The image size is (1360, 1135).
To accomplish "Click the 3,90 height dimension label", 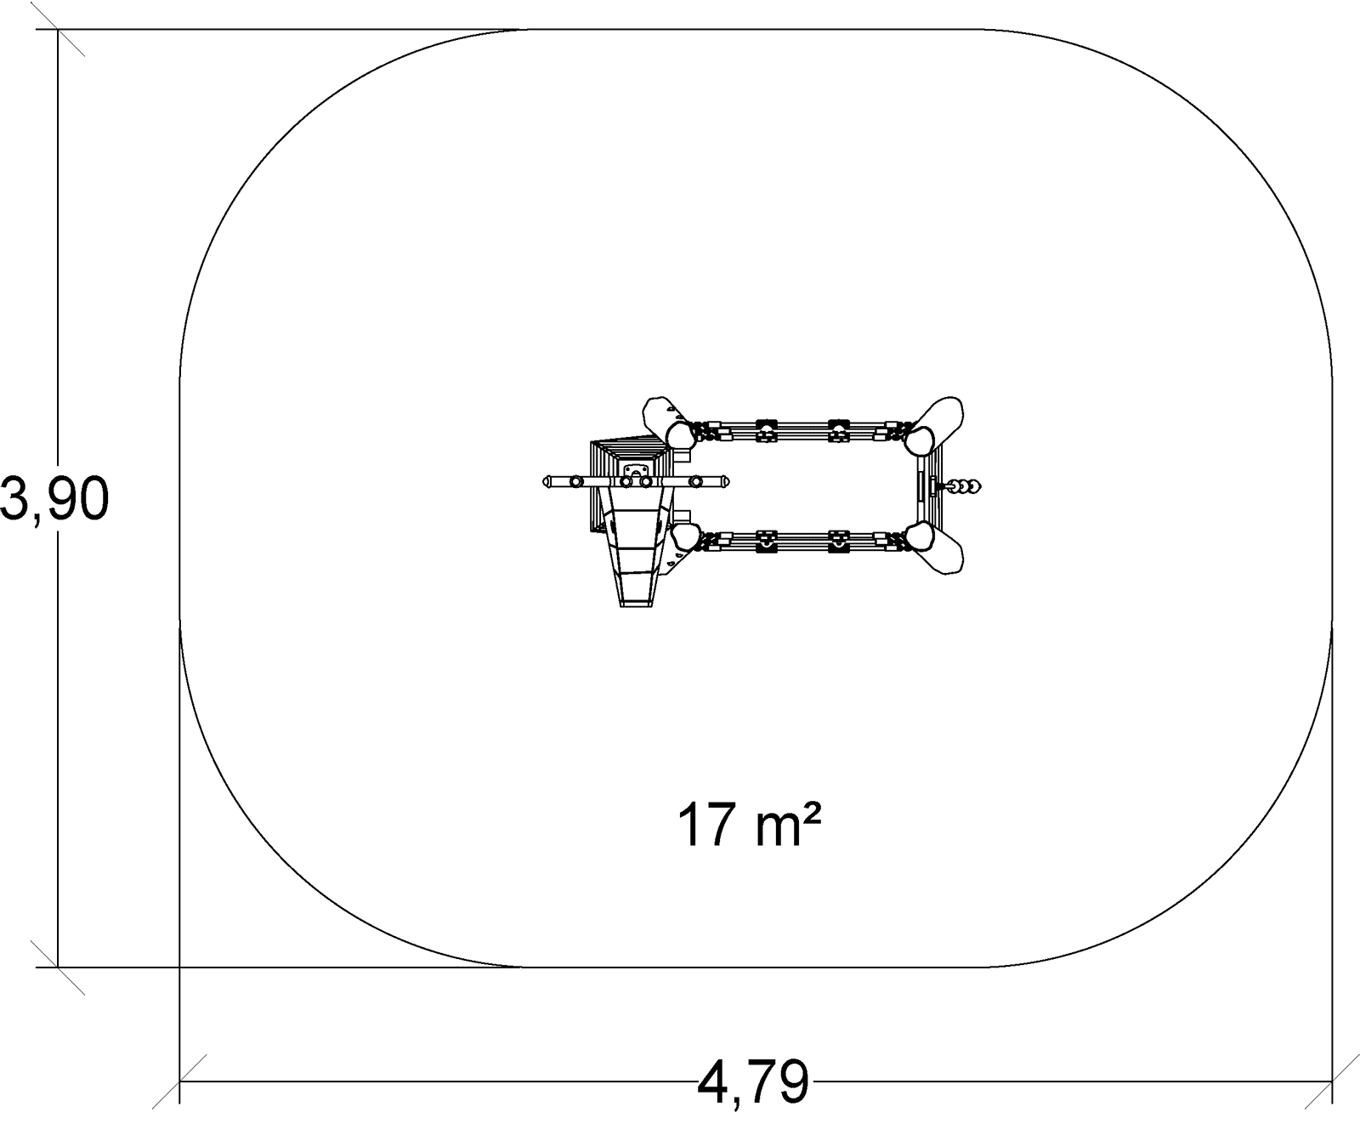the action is click(x=54, y=499).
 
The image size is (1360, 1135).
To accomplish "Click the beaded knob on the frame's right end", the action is click(x=966, y=486).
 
